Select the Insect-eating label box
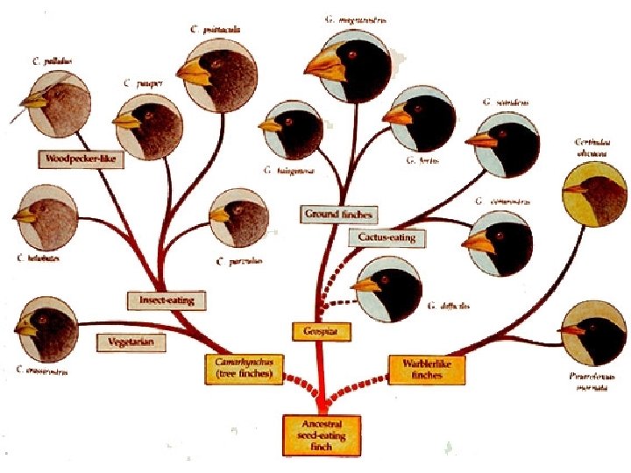click(161, 300)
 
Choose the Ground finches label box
click(339, 214)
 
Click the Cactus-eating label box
click(386, 237)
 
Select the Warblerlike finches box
click(426, 369)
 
